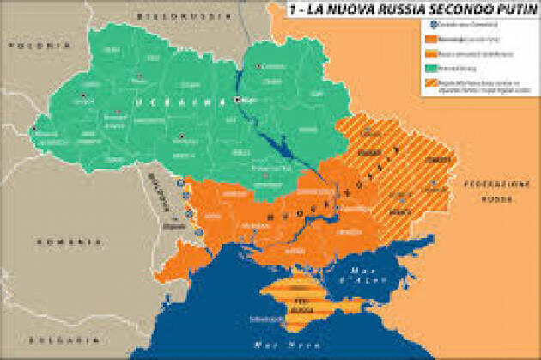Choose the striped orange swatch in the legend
pyautogui.click(x=424, y=85)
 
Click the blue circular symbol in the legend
pyautogui.click(x=423, y=25)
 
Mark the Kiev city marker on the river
pyautogui.click(x=239, y=100)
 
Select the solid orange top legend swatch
pyautogui.click(x=424, y=40)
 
